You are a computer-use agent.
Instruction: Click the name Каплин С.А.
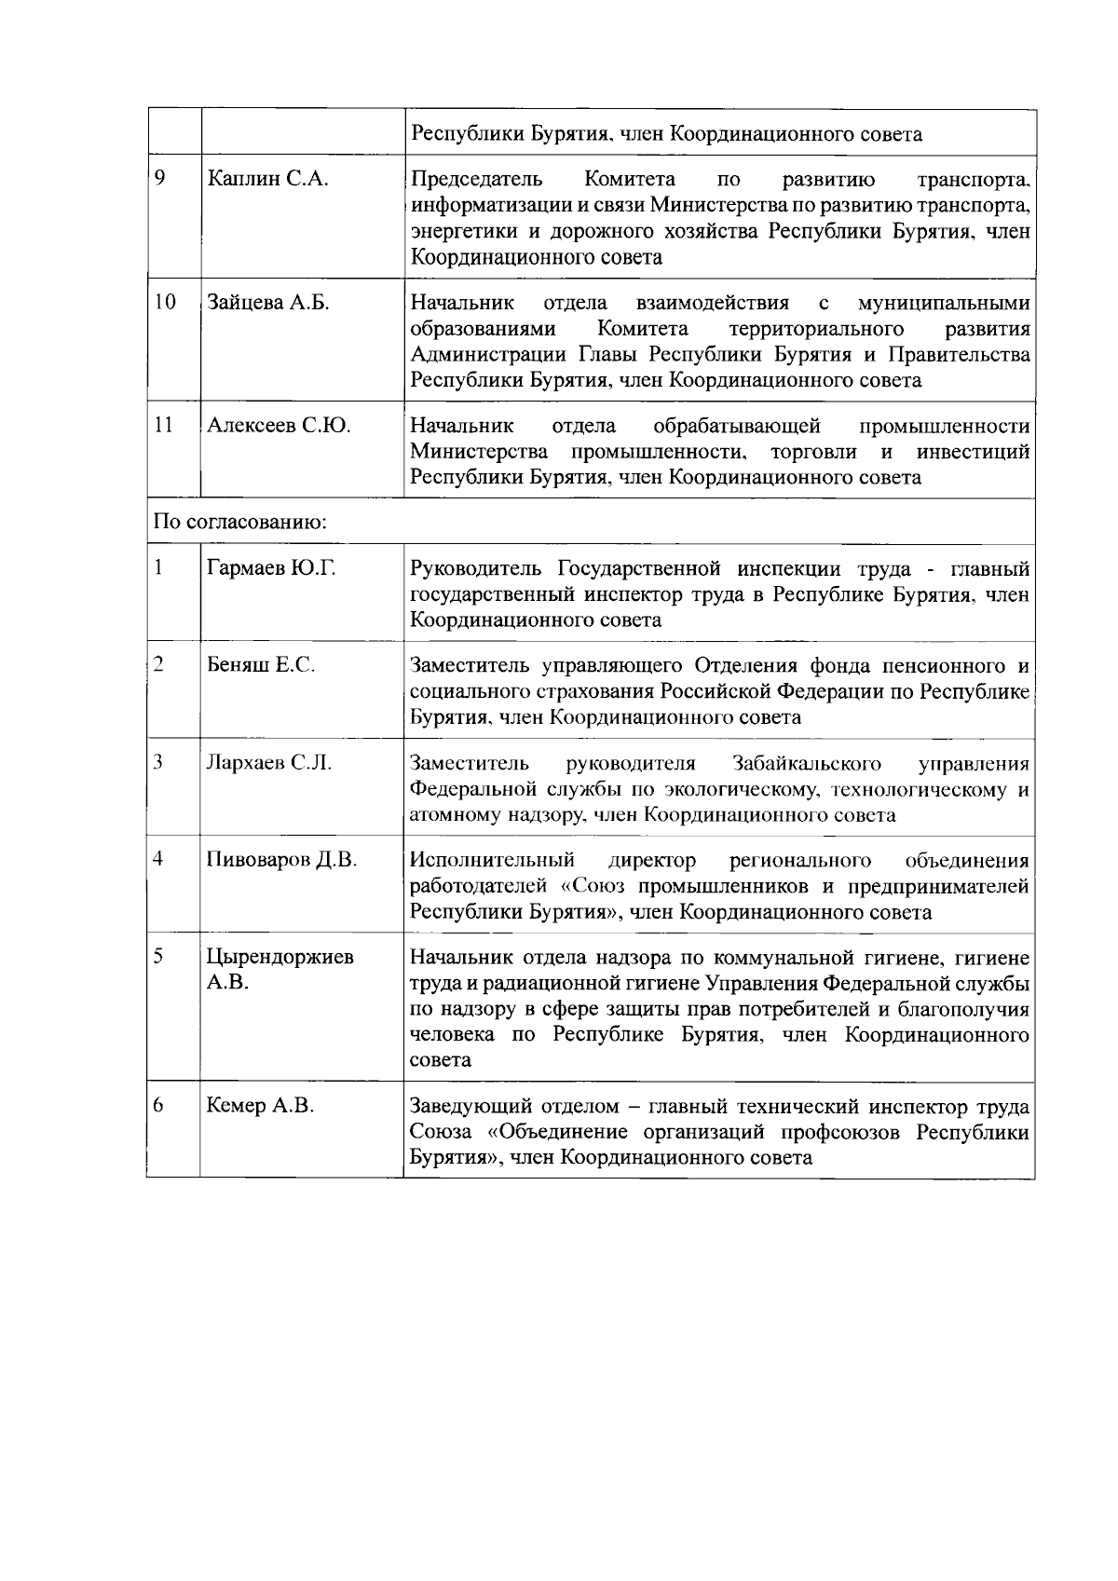pyautogui.click(x=267, y=180)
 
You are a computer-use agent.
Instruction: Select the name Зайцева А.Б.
pyautogui.click(x=268, y=303)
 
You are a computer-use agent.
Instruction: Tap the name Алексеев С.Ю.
pyautogui.click(x=279, y=426)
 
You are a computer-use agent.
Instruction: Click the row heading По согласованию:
pyautogui.click(x=239, y=522)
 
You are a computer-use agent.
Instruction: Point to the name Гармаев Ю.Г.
pyautogui.click(x=271, y=568)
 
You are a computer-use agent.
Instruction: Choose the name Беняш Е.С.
pyautogui.click(x=261, y=665)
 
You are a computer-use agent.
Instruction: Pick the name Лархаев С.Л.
pyautogui.click(x=269, y=763)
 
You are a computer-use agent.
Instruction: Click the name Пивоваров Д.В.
pyautogui.click(x=281, y=860)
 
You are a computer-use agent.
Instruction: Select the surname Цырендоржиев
pyautogui.click(x=279, y=957)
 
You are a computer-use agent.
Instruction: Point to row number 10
pyautogui.click(x=164, y=302)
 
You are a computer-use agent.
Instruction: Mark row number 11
pyautogui.click(x=164, y=425)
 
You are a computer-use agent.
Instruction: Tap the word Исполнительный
pyautogui.click(x=493, y=860)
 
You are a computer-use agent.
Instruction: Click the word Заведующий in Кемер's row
pyautogui.click(x=470, y=1107)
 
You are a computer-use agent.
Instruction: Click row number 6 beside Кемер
pyautogui.click(x=158, y=1105)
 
